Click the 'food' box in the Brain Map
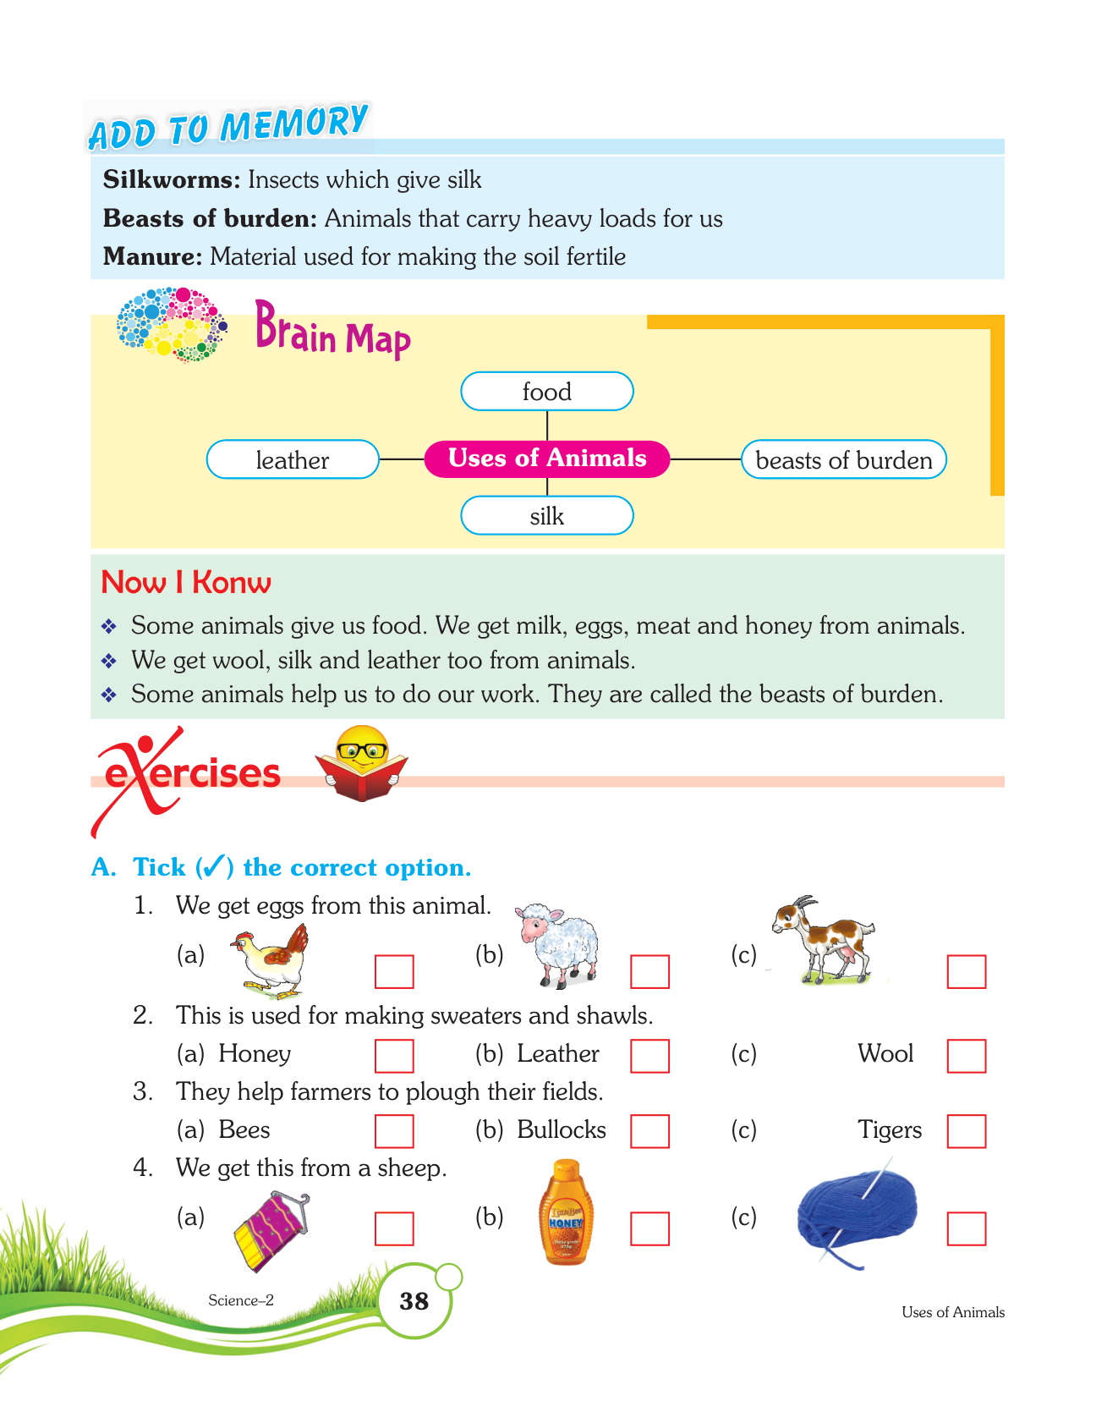pos(546,392)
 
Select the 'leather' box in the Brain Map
pos(293,459)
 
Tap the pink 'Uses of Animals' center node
pos(546,459)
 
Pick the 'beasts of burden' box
pos(843,459)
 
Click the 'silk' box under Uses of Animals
pos(546,515)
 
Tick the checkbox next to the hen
pos(394,971)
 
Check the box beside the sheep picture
pos(649,971)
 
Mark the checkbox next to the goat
pos(967,971)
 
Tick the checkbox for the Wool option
pos(967,1055)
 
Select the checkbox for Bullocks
pos(649,1131)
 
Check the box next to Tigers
pos(967,1131)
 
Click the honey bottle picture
pos(566,1214)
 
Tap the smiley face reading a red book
pos(362,762)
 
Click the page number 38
pos(414,1301)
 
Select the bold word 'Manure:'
pos(153,256)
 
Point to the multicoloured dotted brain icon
pos(172,324)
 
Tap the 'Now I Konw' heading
pos(186,582)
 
